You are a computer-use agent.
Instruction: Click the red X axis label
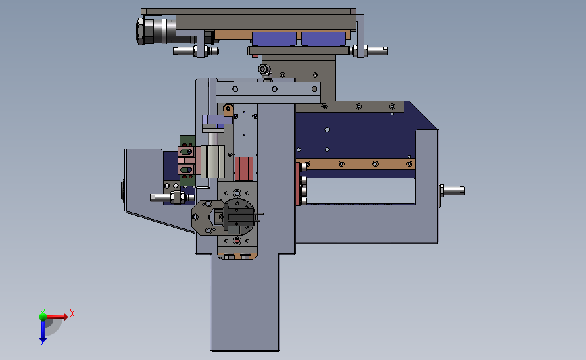click(72, 313)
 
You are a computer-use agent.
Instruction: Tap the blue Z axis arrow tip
click(43, 342)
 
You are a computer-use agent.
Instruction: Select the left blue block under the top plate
click(274, 39)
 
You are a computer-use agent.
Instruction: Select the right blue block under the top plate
click(324, 39)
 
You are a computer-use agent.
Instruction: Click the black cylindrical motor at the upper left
click(156, 30)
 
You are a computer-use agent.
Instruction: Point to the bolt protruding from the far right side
click(452, 190)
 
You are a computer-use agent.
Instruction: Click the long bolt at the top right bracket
click(370, 51)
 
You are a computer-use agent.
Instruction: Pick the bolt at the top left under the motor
click(195, 51)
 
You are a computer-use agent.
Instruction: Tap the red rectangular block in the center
click(244, 169)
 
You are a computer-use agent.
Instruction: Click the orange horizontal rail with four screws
click(356, 163)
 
